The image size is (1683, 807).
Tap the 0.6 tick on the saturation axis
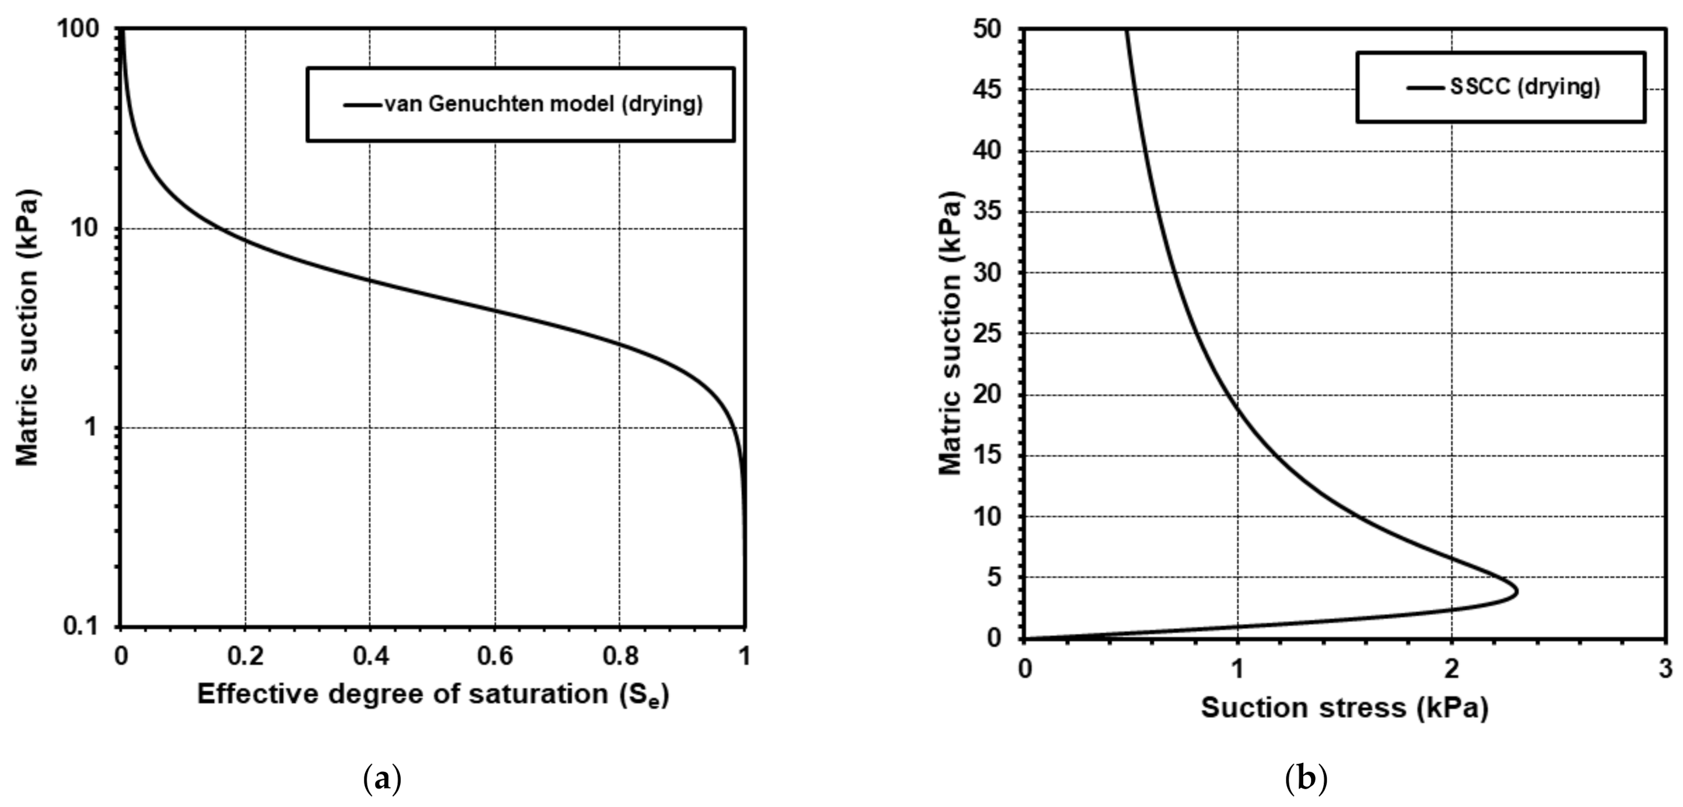(x=495, y=656)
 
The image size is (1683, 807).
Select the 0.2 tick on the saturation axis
(x=246, y=656)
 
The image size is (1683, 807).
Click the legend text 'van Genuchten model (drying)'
(x=543, y=104)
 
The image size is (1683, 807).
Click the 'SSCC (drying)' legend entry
(x=1525, y=87)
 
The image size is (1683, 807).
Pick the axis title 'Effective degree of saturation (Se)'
(x=433, y=694)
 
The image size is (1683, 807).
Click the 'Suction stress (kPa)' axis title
(x=1344, y=708)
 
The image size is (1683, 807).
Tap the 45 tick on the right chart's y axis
(x=987, y=90)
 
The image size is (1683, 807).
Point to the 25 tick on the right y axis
(x=987, y=334)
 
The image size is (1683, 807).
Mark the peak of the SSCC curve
(x=1516, y=592)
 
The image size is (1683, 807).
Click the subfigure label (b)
(x=1306, y=779)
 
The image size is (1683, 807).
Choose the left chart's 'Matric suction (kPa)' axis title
(x=28, y=328)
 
